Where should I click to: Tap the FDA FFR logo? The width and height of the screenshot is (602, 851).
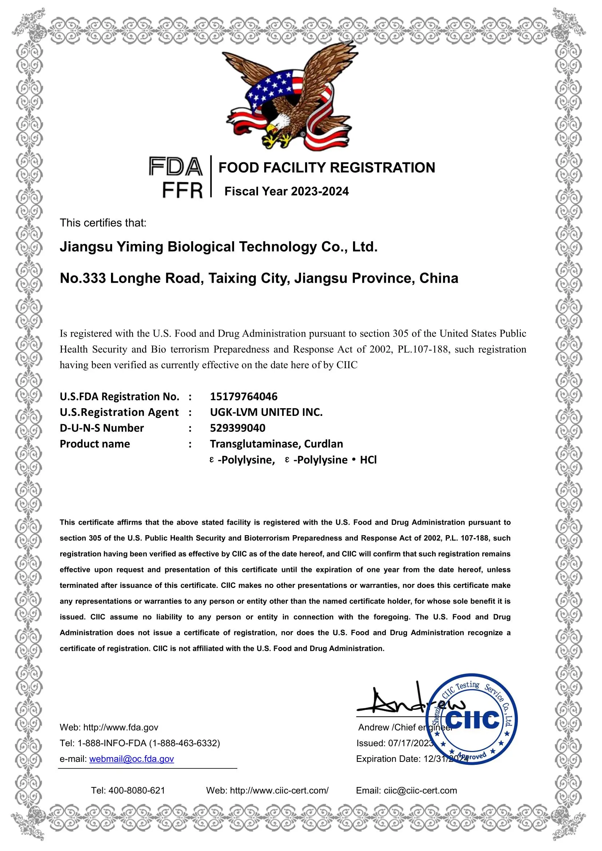(x=176, y=177)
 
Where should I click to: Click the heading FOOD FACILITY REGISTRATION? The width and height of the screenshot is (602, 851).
(x=326, y=167)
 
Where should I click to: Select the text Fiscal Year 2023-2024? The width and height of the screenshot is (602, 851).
(x=286, y=191)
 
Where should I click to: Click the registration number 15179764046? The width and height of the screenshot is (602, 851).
(x=243, y=397)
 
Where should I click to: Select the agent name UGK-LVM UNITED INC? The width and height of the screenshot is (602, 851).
(x=266, y=412)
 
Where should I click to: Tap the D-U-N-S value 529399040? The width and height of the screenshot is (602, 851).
(x=238, y=428)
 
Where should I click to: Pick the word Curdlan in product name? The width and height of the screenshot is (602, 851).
(x=324, y=444)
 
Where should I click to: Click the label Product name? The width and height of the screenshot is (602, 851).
(x=95, y=444)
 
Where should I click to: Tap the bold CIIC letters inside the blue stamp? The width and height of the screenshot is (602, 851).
(x=473, y=720)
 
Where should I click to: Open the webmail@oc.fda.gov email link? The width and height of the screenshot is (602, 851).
(x=132, y=759)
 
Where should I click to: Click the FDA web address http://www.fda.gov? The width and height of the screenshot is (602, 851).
(x=121, y=727)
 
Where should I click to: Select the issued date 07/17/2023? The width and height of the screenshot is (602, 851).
(x=410, y=743)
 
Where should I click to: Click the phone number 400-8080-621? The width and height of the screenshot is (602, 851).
(x=136, y=791)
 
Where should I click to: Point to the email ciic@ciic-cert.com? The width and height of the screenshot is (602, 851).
(x=420, y=791)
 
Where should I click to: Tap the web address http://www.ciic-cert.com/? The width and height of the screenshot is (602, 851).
(x=279, y=791)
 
